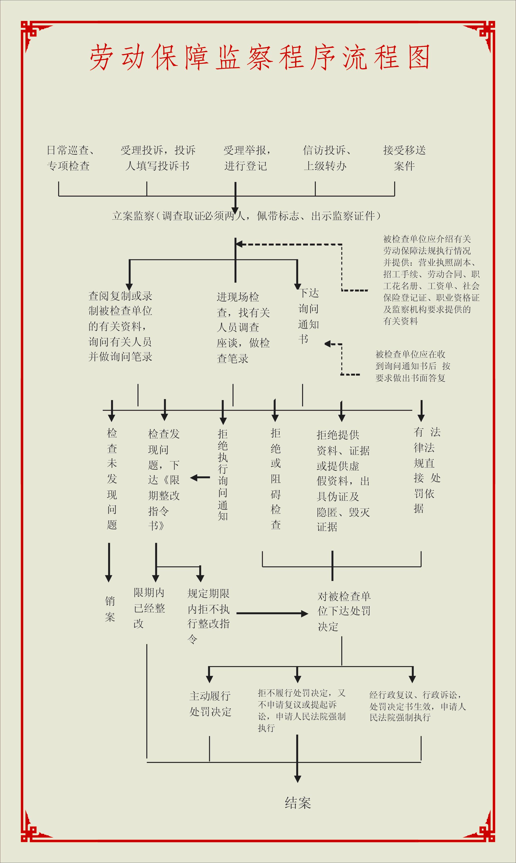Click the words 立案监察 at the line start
pyautogui.click(x=133, y=216)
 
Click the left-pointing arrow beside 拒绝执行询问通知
pyautogui.click(x=200, y=478)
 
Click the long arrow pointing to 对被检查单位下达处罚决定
pyautogui.click(x=272, y=614)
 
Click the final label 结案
pyautogui.click(x=298, y=803)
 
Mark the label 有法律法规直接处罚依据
pyautogui.click(x=427, y=470)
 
